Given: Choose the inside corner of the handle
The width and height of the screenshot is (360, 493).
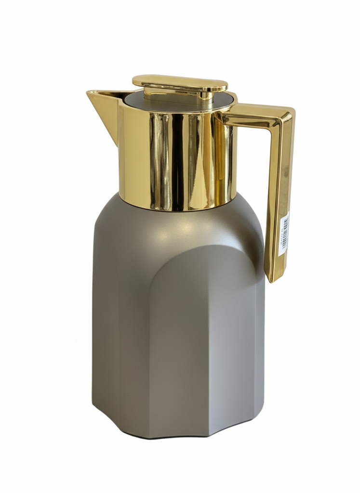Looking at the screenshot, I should [270, 126].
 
